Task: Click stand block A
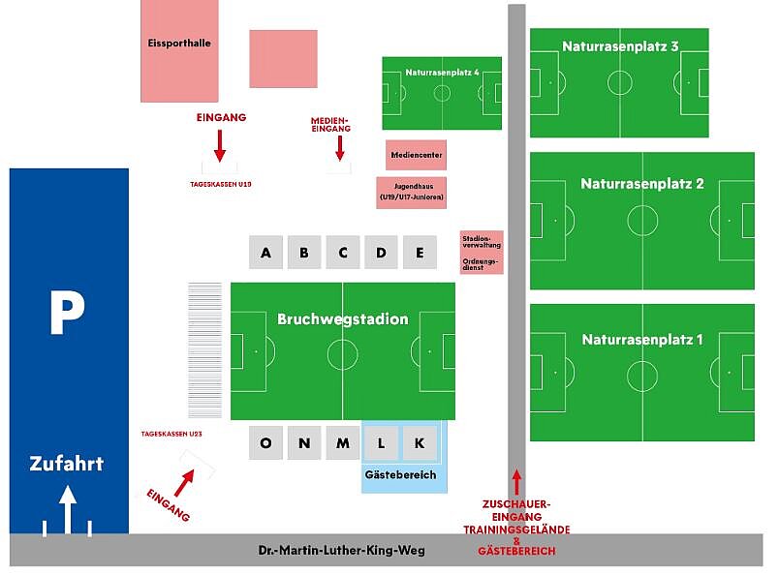pyautogui.click(x=265, y=253)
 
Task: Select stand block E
pyautogui.click(x=420, y=253)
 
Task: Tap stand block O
pyautogui.click(x=265, y=442)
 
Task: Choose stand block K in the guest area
pyautogui.click(x=420, y=442)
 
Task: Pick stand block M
pyautogui.click(x=343, y=442)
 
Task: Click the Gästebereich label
pyautogui.click(x=400, y=474)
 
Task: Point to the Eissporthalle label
pyautogui.click(x=179, y=44)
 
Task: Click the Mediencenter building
pyautogui.click(x=417, y=155)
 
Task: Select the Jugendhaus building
pyautogui.click(x=412, y=193)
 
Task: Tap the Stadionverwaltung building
pyautogui.click(x=482, y=253)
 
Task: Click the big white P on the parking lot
pyautogui.click(x=67, y=312)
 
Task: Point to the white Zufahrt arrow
pyautogui.click(x=68, y=510)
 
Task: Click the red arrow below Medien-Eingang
pyautogui.click(x=340, y=148)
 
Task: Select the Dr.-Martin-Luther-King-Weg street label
pyautogui.click(x=342, y=550)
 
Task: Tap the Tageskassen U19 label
pyautogui.click(x=221, y=184)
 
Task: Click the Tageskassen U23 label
pyautogui.click(x=171, y=434)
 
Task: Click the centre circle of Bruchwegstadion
pyautogui.click(x=342, y=354)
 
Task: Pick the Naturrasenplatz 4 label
pyautogui.click(x=442, y=73)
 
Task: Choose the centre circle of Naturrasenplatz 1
pyautogui.click(x=642, y=376)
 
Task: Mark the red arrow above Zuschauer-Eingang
pyautogui.click(x=516, y=482)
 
